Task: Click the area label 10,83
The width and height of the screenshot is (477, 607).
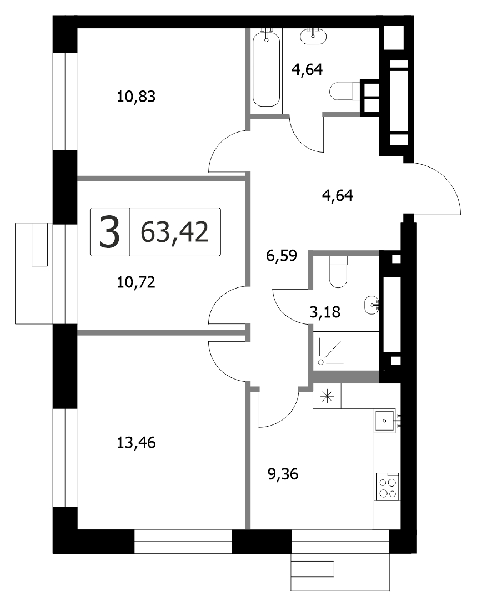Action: (136, 97)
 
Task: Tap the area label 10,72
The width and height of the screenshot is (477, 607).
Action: (136, 282)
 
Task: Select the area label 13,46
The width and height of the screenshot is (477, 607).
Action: (136, 442)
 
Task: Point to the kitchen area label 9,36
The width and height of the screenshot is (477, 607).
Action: (283, 473)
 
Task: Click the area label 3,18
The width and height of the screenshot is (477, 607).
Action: (325, 311)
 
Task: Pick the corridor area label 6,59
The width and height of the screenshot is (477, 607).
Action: (282, 255)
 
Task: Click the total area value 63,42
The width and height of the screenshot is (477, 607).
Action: (175, 232)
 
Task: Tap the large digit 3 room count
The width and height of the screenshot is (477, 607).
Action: (109, 232)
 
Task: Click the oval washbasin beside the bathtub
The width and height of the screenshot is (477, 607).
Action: (313, 36)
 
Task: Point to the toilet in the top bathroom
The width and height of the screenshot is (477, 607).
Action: (345, 92)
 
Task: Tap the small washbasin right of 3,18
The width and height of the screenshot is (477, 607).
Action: (371, 305)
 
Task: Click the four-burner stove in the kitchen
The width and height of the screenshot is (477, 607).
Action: (388, 487)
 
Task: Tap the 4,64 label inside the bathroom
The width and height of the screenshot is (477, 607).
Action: (307, 69)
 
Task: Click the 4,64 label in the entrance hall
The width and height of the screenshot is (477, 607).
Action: (338, 195)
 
